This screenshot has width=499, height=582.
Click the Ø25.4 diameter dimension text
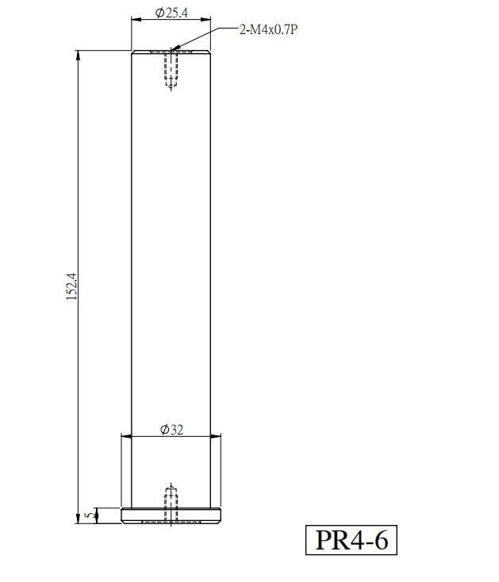pyautogui.click(x=171, y=13)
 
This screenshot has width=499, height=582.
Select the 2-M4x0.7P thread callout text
pyautogui.click(x=268, y=29)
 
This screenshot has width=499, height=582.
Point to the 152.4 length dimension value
pyautogui.click(x=71, y=286)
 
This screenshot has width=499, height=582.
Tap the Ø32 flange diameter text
pyautogui.click(x=171, y=430)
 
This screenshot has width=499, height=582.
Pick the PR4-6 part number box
pyautogui.click(x=351, y=540)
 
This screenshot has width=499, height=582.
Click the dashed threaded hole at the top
pyautogui.click(x=171, y=70)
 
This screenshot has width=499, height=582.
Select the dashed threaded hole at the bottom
pyautogui.click(x=171, y=504)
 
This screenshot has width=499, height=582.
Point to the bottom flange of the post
pyautogui.click(x=171, y=515)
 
